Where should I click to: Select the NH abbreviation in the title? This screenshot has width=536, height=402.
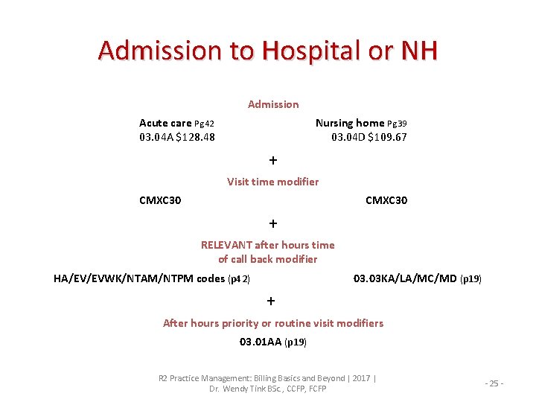[x=419, y=51]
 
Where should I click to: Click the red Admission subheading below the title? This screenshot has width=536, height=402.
[x=273, y=104]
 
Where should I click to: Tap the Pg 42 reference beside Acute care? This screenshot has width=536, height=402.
[x=204, y=123]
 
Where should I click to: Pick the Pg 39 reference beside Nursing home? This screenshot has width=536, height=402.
[x=397, y=123]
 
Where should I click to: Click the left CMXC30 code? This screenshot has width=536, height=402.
[x=160, y=200]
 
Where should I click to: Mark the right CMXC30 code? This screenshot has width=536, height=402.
[x=386, y=200]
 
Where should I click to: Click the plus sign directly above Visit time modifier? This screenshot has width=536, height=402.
[x=273, y=160]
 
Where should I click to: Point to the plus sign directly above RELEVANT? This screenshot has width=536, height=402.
[x=273, y=223]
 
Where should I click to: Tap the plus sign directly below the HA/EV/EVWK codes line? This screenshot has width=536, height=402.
[x=271, y=301]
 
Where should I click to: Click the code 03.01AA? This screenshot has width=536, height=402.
[x=260, y=342]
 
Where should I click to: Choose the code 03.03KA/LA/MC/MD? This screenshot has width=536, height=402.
[x=405, y=279]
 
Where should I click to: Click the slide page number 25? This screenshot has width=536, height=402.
[x=495, y=383]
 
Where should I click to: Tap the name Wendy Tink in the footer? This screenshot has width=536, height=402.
[x=256, y=389]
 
